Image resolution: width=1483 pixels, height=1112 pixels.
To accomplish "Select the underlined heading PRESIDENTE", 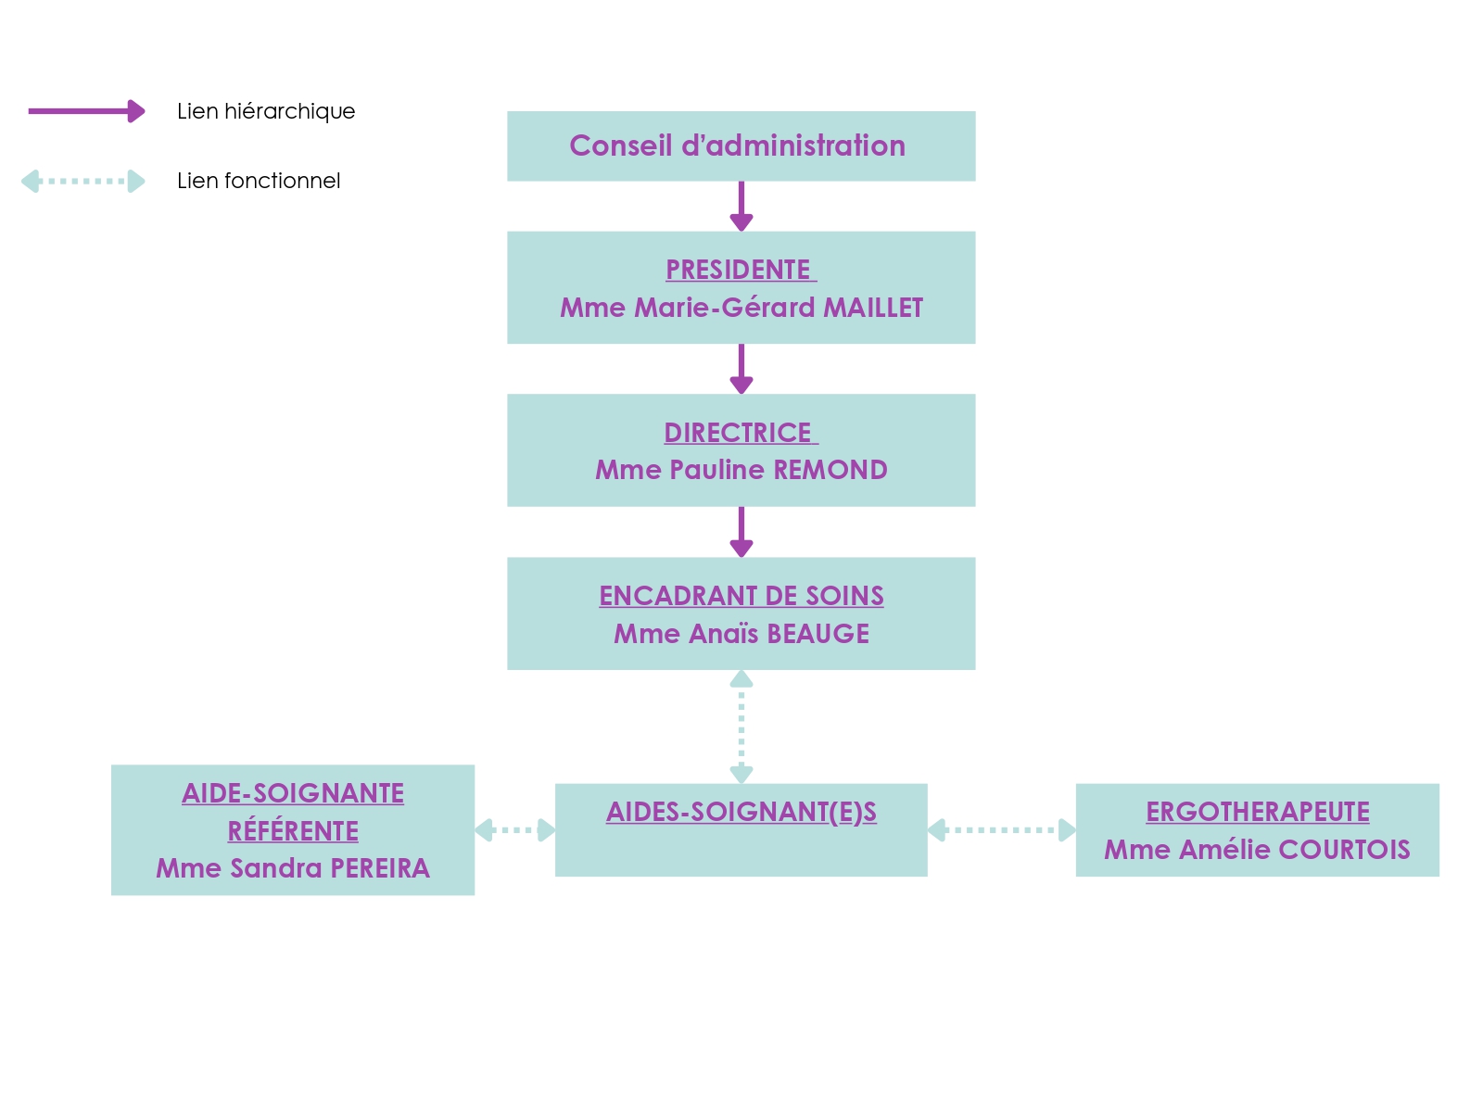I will [739, 270].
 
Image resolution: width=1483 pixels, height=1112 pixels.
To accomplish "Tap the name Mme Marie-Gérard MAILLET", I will [741, 308].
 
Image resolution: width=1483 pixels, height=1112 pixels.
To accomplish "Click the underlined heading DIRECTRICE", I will [739, 433].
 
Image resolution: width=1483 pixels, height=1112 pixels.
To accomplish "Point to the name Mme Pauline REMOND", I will [741, 470].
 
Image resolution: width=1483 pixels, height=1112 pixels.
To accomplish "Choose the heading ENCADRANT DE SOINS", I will [741, 596].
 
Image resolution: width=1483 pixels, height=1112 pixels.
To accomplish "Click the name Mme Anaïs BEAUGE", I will [741, 634].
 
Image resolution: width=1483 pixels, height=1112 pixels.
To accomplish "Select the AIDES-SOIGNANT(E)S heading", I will [741, 812].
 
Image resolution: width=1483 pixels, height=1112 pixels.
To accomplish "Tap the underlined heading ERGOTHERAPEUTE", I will [1258, 812].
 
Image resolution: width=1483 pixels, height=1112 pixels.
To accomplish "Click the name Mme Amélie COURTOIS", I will [1258, 850].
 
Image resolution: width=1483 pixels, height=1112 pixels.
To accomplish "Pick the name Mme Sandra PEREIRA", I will [293, 868].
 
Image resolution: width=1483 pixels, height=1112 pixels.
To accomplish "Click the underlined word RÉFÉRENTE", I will [293, 831].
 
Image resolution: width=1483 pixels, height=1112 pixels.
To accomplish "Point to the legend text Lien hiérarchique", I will [266, 111].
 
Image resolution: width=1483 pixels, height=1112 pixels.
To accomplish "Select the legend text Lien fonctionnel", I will [259, 181].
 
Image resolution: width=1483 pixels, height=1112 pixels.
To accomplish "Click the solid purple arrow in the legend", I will [86, 111].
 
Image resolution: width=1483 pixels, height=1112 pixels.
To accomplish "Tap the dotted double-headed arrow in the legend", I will [83, 181].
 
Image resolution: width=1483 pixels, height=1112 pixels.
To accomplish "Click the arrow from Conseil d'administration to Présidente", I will [741, 206].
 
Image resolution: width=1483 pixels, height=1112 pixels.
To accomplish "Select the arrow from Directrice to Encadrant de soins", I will [741, 532].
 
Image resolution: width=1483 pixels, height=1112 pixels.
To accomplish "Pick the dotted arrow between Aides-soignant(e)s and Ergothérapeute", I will [1001, 830].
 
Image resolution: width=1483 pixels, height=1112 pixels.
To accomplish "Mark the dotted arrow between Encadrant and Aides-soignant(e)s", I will [741, 727].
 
